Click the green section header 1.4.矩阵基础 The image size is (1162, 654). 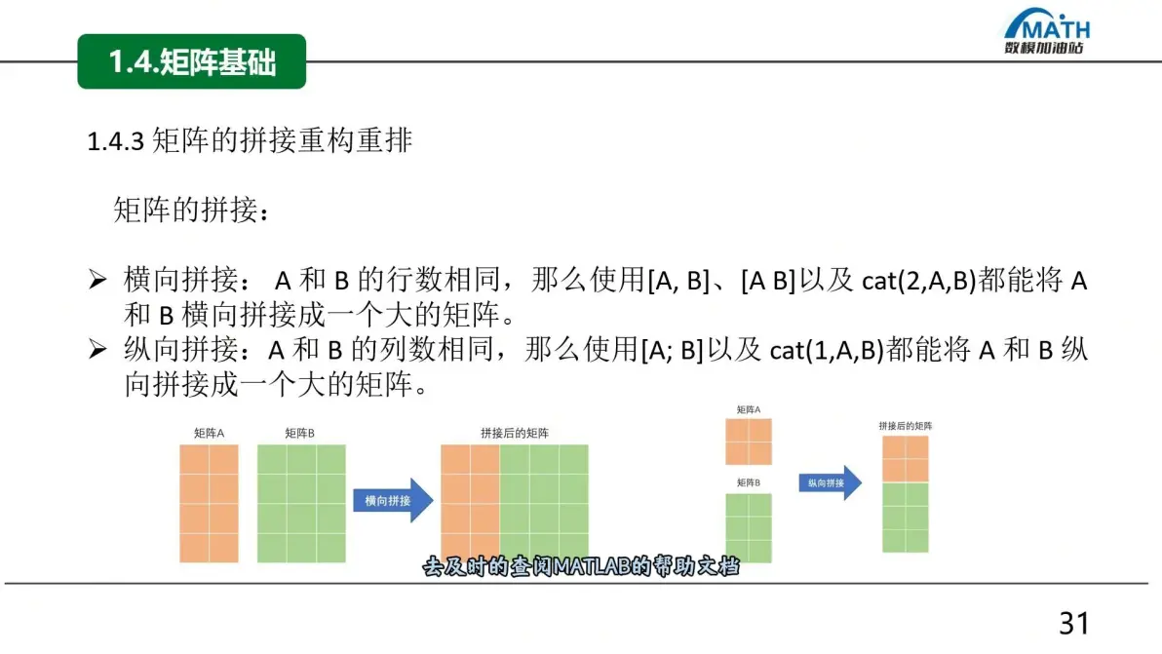pyautogui.click(x=191, y=61)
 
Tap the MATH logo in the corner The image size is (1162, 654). pyautogui.click(x=1046, y=31)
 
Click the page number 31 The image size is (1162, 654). pyautogui.click(x=1074, y=624)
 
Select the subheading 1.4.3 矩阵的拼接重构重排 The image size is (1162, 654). pyautogui.click(x=249, y=140)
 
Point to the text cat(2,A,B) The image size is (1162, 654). pyautogui.click(x=919, y=281)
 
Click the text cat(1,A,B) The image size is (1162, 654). pyautogui.click(x=827, y=350)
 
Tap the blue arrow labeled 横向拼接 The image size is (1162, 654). pyautogui.click(x=393, y=501)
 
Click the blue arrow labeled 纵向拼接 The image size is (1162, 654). pyautogui.click(x=830, y=482)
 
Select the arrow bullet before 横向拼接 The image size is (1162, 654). pyautogui.click(x=97, y=279)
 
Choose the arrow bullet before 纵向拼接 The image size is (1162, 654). pyautogui.click(x=97, y=349)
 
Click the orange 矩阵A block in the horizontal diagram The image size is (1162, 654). pyautogui.click(x=209, y=504)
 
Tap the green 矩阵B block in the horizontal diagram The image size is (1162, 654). pyautogui.click(x=301, y=504)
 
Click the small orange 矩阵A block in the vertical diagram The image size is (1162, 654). pyautogui.click(x=749, y=442)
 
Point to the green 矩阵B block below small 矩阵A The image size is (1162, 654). pyautogui.click(x=749, y=528)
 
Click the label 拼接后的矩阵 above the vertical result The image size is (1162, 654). pyautogui.click(x=906, y=426)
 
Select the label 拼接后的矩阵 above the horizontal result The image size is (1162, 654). pyautogui.click(x=515, y=434)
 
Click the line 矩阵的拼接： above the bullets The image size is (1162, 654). pyautogui.click(x=191, y=211)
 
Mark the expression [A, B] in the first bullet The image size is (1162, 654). pyautogui.click(x=678, y=281)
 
